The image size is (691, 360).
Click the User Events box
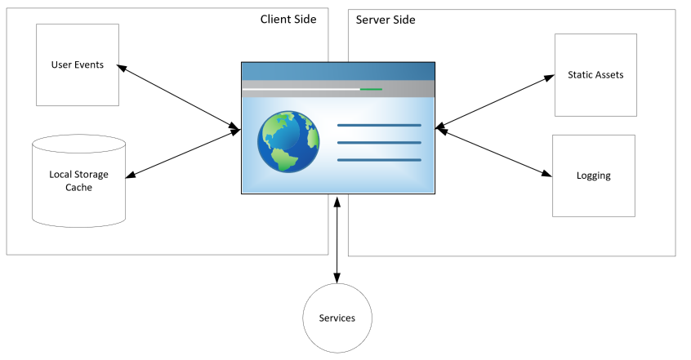point(78,64)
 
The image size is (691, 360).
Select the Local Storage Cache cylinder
point(78,180)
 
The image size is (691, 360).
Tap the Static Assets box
point(595,75)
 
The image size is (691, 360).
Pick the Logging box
point(594,176)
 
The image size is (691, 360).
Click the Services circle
point(337,318)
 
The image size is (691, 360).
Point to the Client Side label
point(288,20)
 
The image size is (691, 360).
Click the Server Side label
point(386,20)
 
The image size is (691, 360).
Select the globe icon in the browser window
point(288,142)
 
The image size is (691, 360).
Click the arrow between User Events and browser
point(178,96)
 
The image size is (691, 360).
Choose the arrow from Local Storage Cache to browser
point(183,153)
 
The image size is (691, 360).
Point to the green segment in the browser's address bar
point(371,89)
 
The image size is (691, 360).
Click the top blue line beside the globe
point(379,126)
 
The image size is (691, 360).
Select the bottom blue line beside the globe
point(379,160)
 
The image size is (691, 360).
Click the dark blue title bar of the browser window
point(337,70)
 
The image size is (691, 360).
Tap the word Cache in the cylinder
point(78,188)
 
